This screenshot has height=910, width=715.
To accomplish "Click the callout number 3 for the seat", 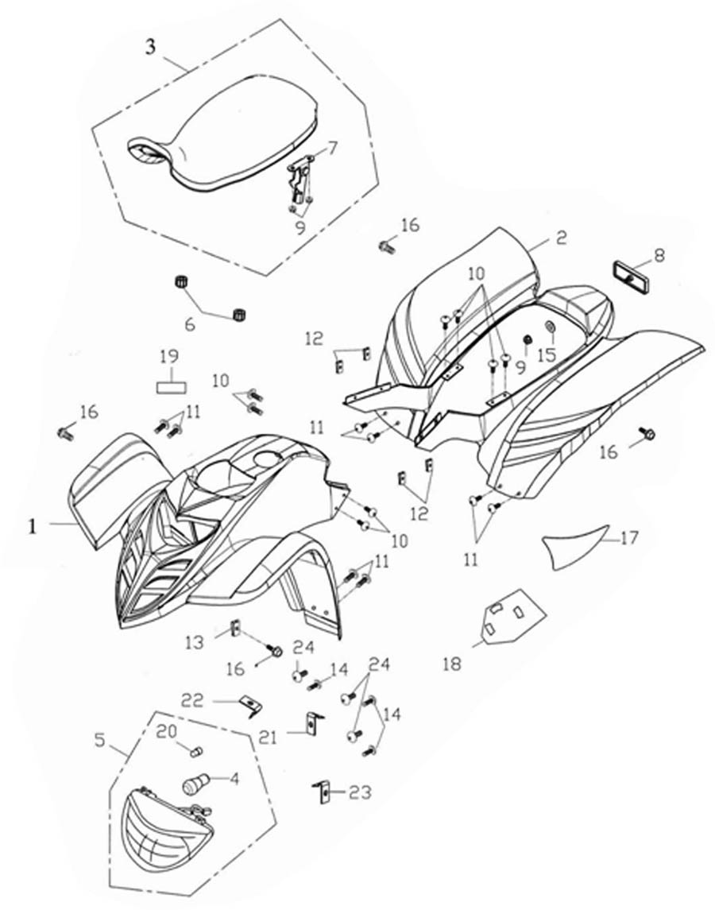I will coord(151,47).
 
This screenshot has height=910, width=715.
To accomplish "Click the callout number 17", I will coord(628,538).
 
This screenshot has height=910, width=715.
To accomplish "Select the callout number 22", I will coord(193,700).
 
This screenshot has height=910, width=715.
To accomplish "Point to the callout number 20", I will coord(164,732).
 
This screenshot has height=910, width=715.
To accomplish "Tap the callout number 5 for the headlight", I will coord(100,741).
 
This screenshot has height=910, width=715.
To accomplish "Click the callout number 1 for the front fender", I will coord(33,525).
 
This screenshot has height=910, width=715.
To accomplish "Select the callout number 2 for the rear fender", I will coord(561,238).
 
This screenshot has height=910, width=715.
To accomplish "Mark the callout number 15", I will coord(546,355).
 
